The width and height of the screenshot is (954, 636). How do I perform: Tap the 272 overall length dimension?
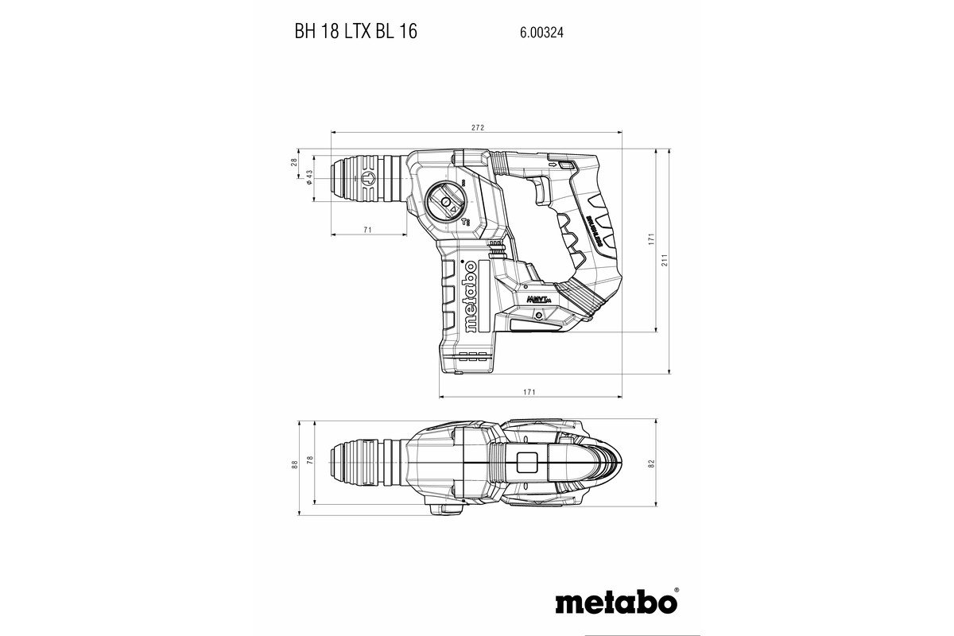click(478, 127)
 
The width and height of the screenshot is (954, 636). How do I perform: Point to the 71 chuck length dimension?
click(368, 230)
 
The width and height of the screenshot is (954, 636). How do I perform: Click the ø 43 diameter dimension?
click(308, 180)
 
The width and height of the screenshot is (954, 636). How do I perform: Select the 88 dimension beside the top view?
click(294, 463)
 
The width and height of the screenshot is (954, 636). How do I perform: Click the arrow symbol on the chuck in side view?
click(367, 180)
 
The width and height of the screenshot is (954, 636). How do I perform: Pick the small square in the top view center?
click(527, 463)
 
